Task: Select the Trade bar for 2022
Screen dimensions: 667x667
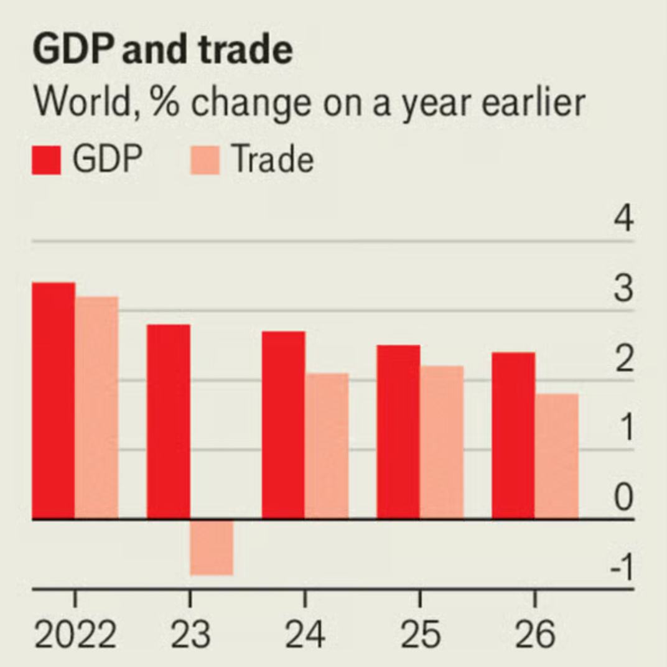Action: (x=96, y=408)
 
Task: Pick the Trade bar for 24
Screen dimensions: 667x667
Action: (x=327, y=445)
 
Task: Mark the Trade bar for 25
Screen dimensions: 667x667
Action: (x=442, y=442)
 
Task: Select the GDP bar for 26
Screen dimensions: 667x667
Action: (x=513, y=435)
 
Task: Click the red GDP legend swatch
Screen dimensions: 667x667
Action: (x=47, y=161)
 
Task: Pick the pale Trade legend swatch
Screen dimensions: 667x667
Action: (x=205, y=161)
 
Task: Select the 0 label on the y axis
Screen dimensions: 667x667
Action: (x=623, y=498)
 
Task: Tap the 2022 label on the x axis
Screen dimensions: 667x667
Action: (x=75, y=635)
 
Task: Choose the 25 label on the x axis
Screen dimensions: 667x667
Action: (x=421, y=635)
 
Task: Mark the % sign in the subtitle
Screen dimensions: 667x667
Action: (x=165, y=103)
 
